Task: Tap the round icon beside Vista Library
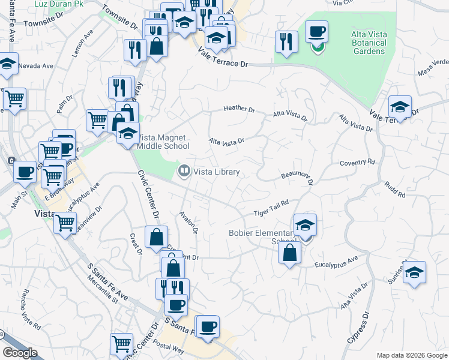(184, 172)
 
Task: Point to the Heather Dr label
(239, 109)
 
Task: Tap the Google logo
(20, 353)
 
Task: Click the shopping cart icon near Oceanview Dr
(65, 223)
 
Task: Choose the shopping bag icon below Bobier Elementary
(289, 252)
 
